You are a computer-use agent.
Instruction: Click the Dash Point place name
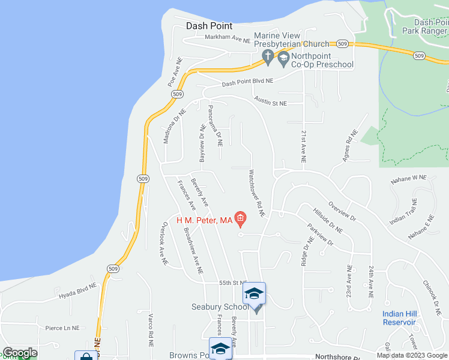click(x=209, y=26)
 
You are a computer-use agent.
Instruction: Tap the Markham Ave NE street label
click(x=227, y=38)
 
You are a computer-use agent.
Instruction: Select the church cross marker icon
click(x=268, y=58)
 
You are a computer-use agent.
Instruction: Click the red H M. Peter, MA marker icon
click(x=241, y=220)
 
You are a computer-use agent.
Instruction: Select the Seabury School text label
click(x=219, y=307)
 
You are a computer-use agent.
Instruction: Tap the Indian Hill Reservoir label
click(x=399, y=318)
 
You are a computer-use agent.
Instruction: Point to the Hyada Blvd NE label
click(x=77, y=292)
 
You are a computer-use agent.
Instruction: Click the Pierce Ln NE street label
click(x=62, y=328)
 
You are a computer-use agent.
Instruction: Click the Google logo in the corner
click(x=20, y=353)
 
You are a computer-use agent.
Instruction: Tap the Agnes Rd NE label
click(x=349, y=146)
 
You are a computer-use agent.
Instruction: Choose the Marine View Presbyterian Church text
click(x=292, y=40)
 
